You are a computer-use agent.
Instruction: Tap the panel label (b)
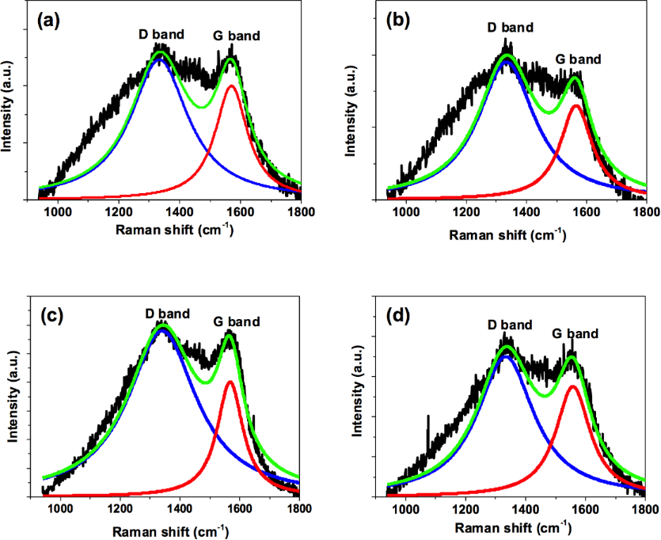coord(397,21)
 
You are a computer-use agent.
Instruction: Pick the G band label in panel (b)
coord(577,59)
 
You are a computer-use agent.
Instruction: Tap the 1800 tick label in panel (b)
coord(645,213)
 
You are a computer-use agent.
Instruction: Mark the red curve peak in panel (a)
coord(231,86)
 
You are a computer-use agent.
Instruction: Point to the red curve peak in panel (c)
coord(230,382)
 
